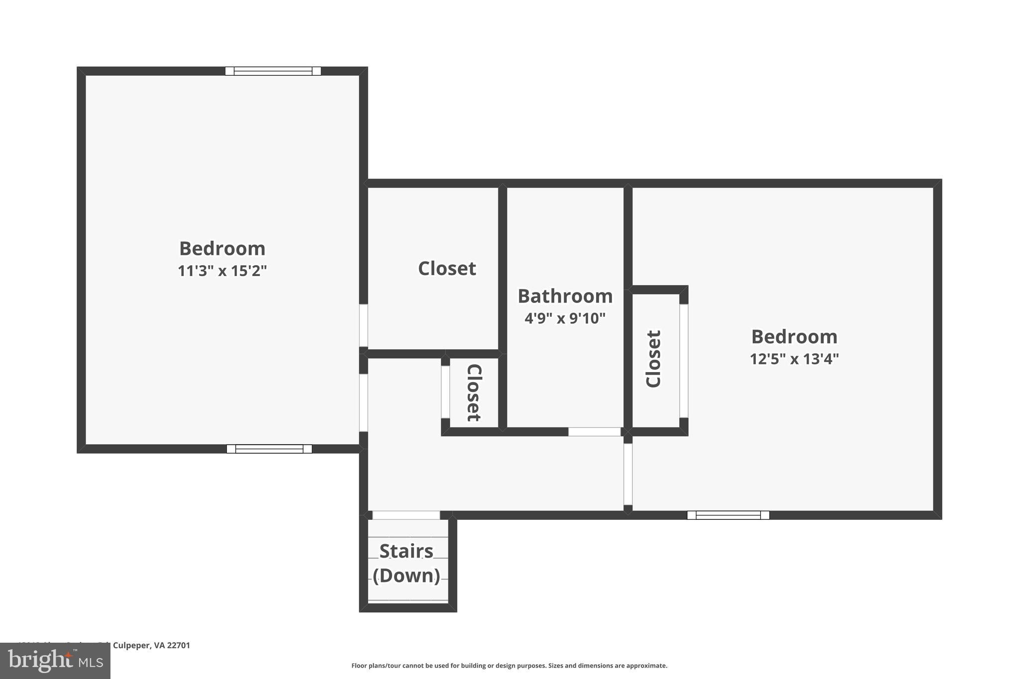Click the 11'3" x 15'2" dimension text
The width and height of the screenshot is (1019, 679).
pos(222,271)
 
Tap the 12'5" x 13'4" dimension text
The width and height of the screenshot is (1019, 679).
pos(794,359)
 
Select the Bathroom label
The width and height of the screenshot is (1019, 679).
pos(565,296)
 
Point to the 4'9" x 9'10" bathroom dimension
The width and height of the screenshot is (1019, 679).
pos(565,318)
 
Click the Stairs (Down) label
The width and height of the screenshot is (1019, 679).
pos(407,564)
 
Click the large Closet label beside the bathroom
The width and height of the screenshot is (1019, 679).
pos(447,269)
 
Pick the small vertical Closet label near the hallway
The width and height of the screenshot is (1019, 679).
pos(473,392)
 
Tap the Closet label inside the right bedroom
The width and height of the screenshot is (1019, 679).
pos(653,359)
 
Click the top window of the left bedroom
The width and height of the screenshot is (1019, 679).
pos(273,71)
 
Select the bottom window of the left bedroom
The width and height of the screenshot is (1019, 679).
pos(269,449)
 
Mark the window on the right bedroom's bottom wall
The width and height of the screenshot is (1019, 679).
pos(728,515)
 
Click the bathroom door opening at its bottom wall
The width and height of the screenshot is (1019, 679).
pos(594,432)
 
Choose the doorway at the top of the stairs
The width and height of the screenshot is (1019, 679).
pos(406,515)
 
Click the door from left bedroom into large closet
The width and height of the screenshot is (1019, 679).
pos(364,325)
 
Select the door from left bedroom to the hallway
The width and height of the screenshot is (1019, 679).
pos(364,402)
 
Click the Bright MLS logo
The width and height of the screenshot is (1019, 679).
pos(55,661)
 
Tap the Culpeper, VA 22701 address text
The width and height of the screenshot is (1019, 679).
pos(151,646)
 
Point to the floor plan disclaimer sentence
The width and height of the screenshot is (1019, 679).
pos(509,666)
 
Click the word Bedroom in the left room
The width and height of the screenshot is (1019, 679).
pos(222,249)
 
